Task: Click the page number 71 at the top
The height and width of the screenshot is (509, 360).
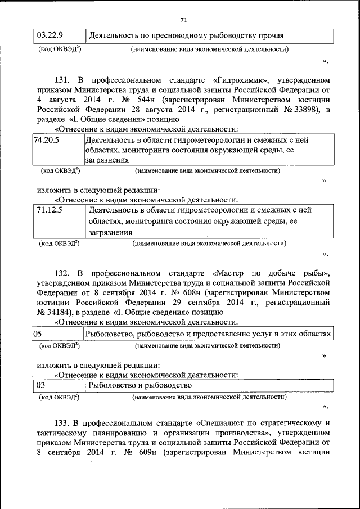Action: (x=183, y=20)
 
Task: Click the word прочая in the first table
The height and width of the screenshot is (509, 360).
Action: (x=271, y=36)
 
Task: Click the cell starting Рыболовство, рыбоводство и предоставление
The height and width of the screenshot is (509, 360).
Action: (x=208, y=334)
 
